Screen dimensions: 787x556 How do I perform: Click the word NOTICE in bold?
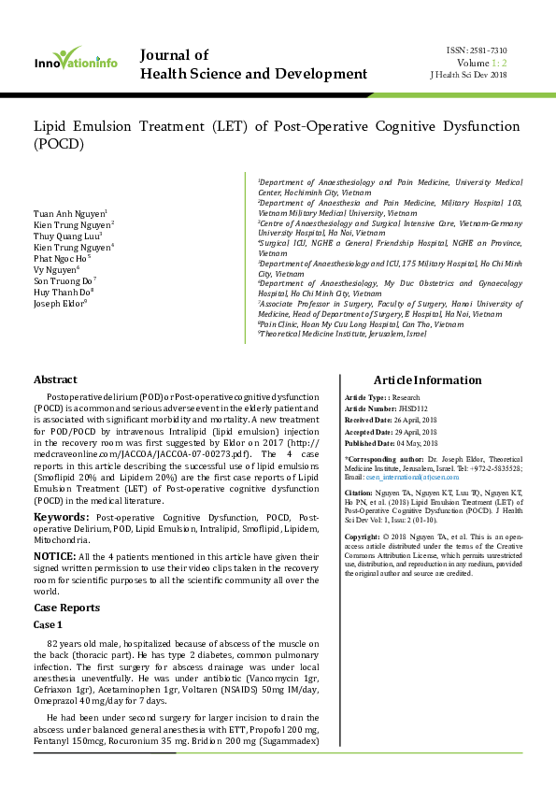click(54, 556)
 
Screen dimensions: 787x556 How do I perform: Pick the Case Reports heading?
click(67, 608)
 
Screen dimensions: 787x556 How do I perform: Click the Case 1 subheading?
click(49, 624)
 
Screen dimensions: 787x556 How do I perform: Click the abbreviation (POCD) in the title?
click(58, 144)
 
